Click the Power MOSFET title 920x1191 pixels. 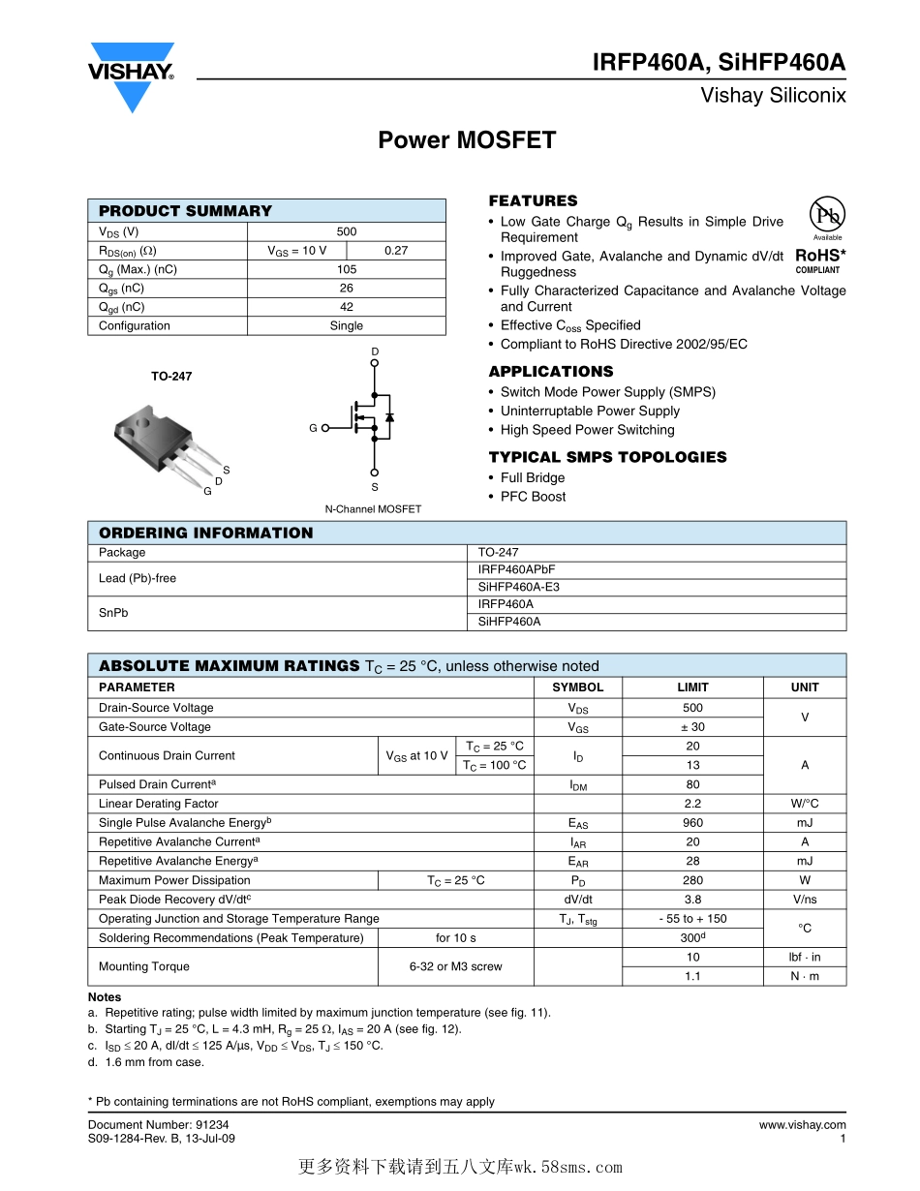(x=467, y=140)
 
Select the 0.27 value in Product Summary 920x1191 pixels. (x=396, y=251)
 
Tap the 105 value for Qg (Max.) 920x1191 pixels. (x=347, y=269)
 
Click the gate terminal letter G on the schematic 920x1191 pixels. (x=314, y=428)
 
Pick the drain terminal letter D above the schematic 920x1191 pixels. (x=375, y=351)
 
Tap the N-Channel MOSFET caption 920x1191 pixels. (x=373, y=509)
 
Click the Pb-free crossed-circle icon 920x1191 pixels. (x=827, y=214)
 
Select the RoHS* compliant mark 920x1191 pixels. (x=819, y=260)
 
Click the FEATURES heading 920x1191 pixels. (x=533, y=201)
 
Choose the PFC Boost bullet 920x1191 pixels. (x=533, y=497)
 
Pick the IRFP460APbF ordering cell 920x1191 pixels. (x=517, y=570)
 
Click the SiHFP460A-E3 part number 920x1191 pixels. (x=519, y=587)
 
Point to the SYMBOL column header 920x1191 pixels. (x=577, y=687)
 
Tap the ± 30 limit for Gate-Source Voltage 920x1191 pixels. (x=692, y=727)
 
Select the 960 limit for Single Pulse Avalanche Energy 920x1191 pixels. (x=692, y=823)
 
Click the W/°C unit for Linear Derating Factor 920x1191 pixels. (x=804, y=804)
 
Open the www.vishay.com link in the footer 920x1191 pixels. (x=802, y=1125)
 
